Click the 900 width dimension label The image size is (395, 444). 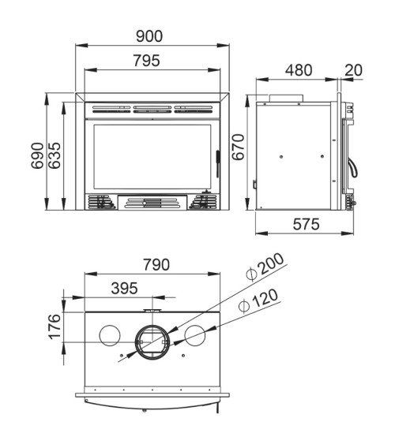(x=149, y=36)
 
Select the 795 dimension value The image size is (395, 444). (x=147, y=61)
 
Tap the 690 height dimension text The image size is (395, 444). (x=38, y=155)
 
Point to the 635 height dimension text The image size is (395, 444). (x=55, y=155)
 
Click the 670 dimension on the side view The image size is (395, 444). (x=239, y=147)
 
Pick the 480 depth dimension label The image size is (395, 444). (x=299, y=70)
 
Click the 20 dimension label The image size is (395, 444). (x=354, y=70)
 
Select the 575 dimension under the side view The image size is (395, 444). (x=307, y=224)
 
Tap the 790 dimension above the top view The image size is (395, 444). (x=156, y=265)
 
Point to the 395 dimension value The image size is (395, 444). (x=125, y=289)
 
